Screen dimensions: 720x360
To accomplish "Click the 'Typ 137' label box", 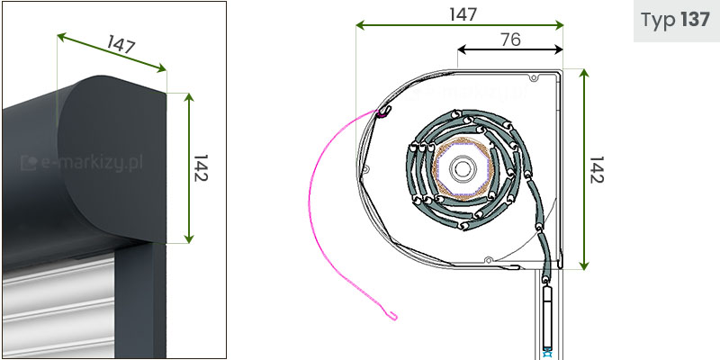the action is (x=677, y=21).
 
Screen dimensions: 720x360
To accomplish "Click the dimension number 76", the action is (x=510, y=40).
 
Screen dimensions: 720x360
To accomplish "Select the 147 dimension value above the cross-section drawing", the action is (x=463, y=14).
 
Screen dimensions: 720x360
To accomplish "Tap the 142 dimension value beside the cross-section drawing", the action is (x=596, y=169).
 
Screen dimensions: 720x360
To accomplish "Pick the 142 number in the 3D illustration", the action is (x=201, y=168).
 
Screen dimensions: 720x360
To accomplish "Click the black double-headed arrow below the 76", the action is (x=510, y=49).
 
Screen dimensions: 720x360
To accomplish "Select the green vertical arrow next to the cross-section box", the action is (x=583, y=169).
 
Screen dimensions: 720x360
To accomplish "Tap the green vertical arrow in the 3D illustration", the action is (x=189, y=168).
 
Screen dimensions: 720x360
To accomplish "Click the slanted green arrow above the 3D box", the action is (x=112, y=52).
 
